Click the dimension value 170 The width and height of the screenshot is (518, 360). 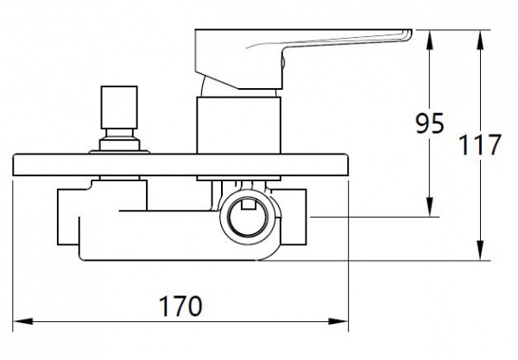click(180, 306)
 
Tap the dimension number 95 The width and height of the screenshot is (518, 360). click(429, 123)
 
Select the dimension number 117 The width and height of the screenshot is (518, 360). click(480, 145)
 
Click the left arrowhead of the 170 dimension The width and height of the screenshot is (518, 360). click(22, 321)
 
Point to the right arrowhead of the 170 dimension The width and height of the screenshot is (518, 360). click(338, 321)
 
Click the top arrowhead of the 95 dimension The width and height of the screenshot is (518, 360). click(430, 40)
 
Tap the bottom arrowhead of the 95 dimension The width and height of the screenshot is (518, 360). click(430, 206)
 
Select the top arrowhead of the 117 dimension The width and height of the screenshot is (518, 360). click(481, 40)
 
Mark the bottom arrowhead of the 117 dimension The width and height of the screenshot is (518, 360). click(481, 250)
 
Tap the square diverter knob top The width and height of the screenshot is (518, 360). click(119, 107)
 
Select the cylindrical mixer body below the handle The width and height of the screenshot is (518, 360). click(238, 125)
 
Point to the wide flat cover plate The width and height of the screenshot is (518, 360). click(180, 165)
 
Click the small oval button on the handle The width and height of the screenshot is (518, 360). click(283, 62)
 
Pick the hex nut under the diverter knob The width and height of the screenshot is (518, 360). click(120, 145)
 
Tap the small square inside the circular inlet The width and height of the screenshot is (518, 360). click(249, 205)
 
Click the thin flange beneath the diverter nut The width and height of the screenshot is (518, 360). click(119, 152)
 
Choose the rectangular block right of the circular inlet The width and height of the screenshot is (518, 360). click(294, 217)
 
